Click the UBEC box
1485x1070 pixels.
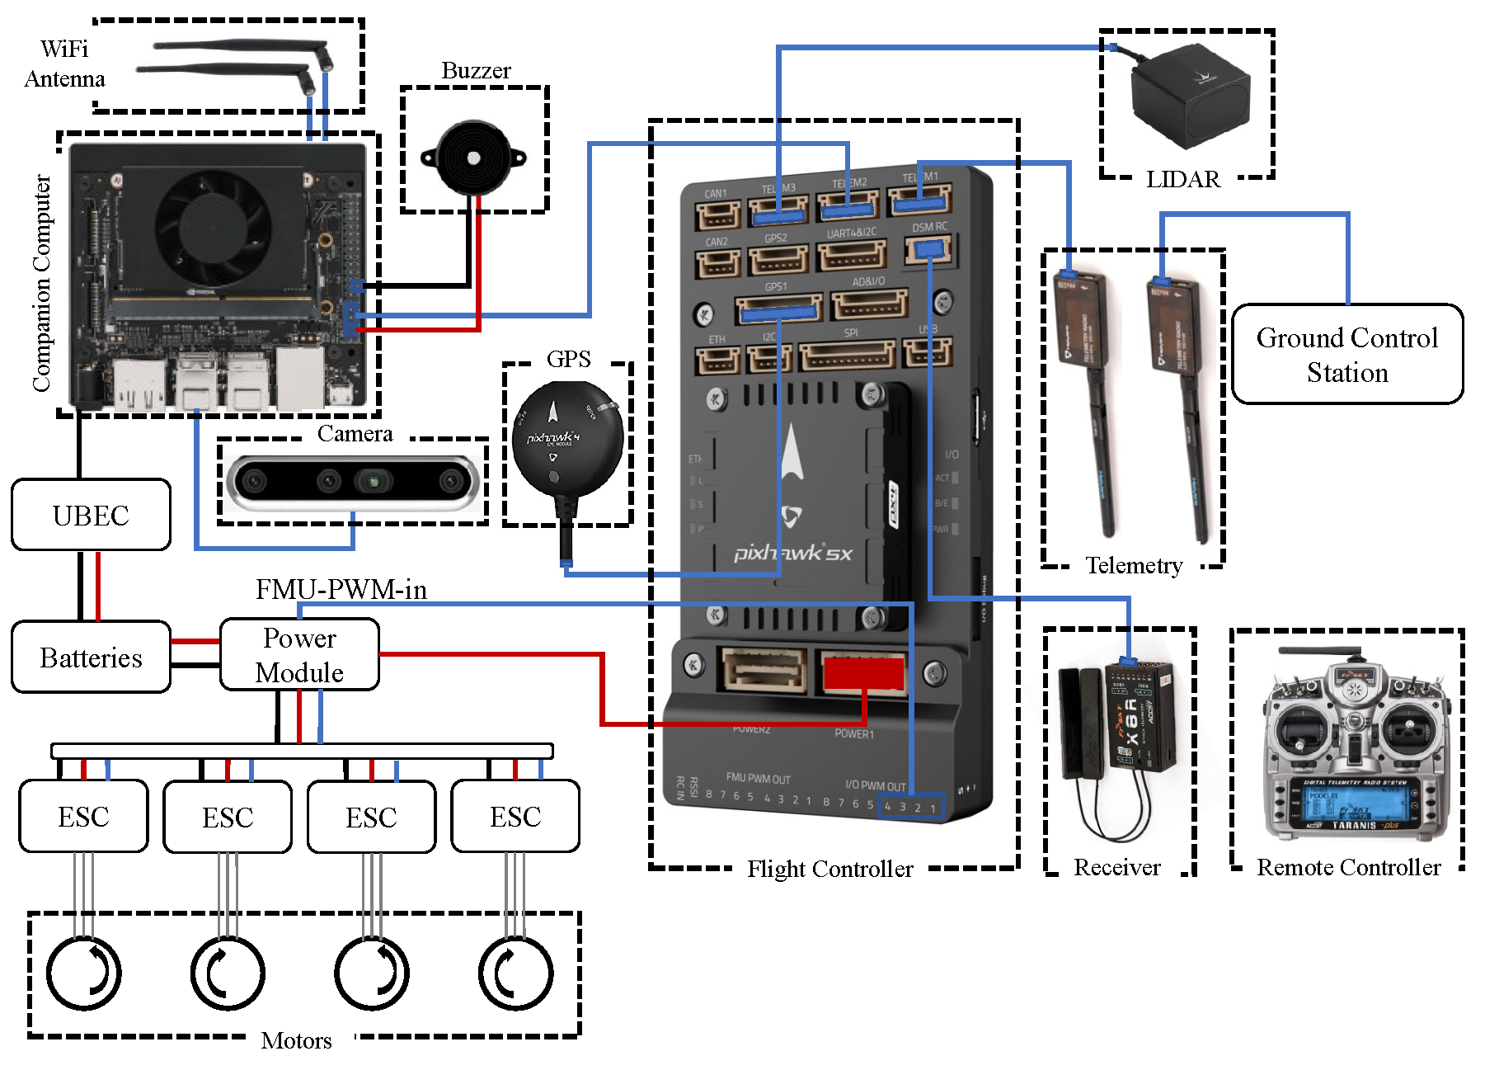[91, 515]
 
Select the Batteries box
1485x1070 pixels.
[91, 657]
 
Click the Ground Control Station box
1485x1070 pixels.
[1346, 354]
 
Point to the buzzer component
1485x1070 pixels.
[472, 157]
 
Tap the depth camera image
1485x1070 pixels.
[353, 480]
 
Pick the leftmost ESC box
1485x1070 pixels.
[83, 816]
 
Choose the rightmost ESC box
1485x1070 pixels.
[515, 816]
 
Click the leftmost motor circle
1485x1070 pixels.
[83, 973]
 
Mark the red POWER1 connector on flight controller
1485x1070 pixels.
[863, 672]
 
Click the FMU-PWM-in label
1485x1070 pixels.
[341, 589]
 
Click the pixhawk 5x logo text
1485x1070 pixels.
[792, 553]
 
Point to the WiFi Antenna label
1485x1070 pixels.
[64, 64]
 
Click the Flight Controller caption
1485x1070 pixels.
[829, 869]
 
